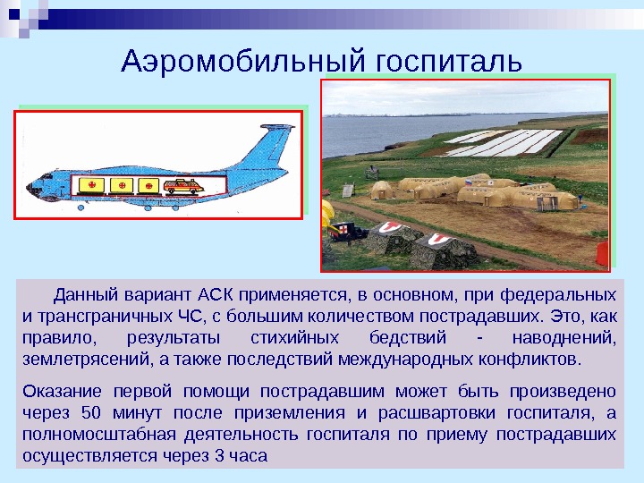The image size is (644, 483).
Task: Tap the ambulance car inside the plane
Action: click(184, 186)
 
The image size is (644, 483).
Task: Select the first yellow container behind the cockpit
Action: click(89, 185)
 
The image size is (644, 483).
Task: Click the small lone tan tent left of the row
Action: click(384, 190)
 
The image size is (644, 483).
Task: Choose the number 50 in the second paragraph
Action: click(90, 413)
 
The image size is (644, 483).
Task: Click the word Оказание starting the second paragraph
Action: click(59, 391)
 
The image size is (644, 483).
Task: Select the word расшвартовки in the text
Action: click(429, 413)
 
